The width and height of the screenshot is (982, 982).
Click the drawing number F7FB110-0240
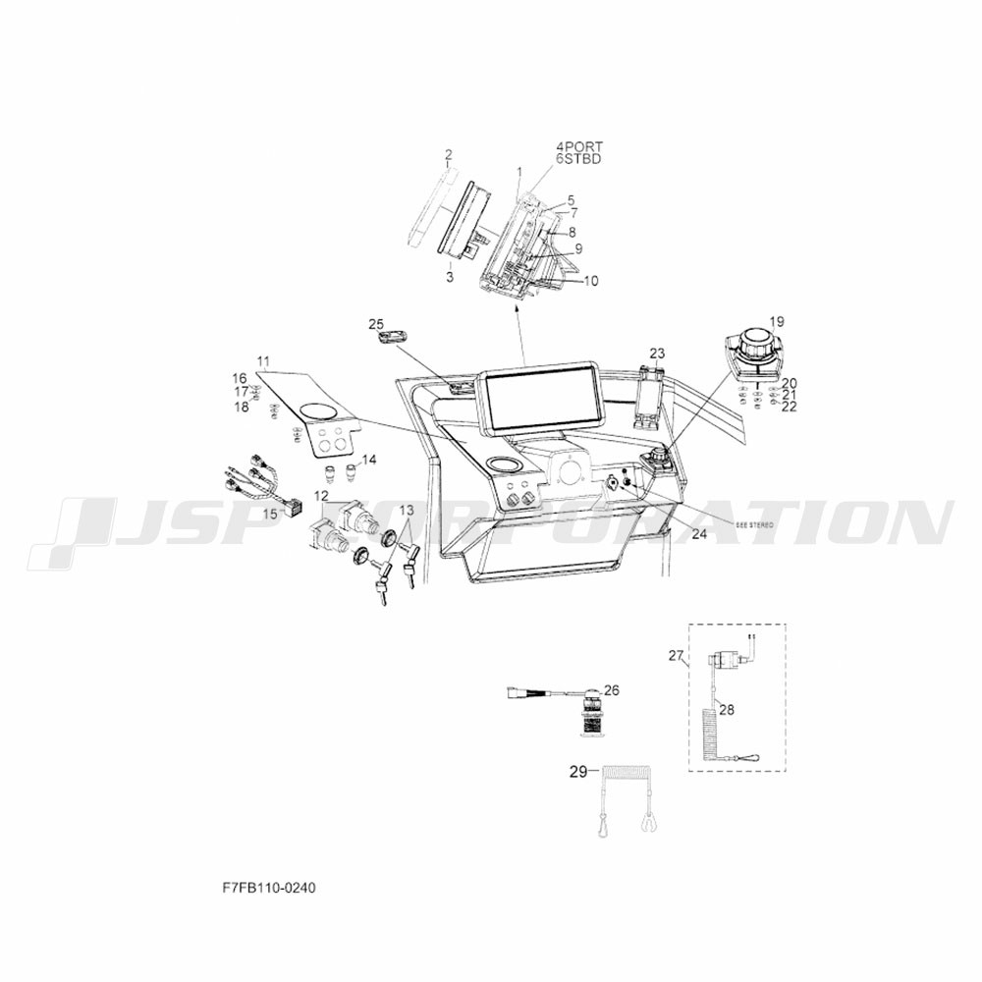click(269, 887)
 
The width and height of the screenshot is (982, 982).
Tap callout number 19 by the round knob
click(777, 321)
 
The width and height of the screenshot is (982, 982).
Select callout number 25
click(376, 323)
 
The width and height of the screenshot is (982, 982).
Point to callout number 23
click(657, 353)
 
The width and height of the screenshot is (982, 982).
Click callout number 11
click(263, 360)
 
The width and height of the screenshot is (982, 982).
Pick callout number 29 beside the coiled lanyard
click(577, 772)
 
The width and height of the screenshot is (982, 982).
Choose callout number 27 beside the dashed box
click(676, 655)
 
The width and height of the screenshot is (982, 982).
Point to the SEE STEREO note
click(754, 526)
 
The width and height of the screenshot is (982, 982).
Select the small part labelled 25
click(391, 338)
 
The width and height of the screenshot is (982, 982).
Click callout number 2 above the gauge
click(448, 154)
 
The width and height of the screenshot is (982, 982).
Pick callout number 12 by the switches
click(321, 495)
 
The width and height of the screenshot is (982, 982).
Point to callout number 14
click(370, 460)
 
